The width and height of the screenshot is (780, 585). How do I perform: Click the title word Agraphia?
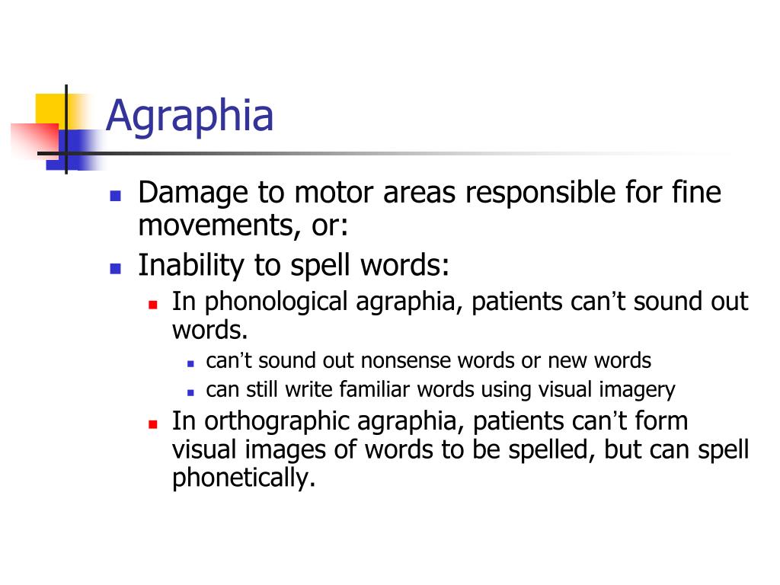190,117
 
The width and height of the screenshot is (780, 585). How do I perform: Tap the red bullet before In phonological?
152,303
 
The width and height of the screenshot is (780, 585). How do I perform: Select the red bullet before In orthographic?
152,422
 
